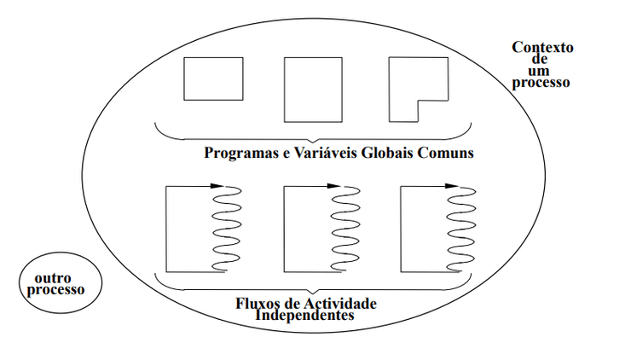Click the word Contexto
542,47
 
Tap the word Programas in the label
240,154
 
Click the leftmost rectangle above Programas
207,78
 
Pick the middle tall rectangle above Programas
312,89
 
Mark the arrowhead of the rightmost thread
452,185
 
